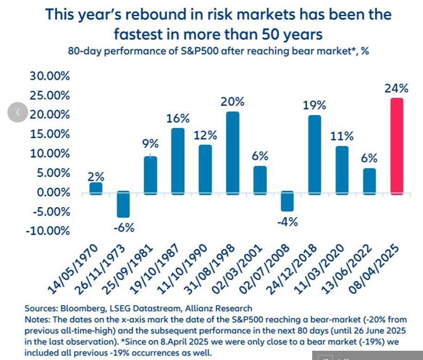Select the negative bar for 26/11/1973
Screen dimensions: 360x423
pyautogui.click(x=123, y=204)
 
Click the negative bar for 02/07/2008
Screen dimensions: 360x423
pyautogui.click(x=287, y=201)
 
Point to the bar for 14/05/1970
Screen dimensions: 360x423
pyautogui.click(x=96, y=188)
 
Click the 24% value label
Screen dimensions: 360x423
pyautogui.click(x=396, y=89)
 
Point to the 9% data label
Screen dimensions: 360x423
pyautogui.click(x=150, y=144)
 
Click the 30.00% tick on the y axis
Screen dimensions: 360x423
pyautogui.click(x=50, y=76)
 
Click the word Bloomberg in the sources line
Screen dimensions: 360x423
pyautogui.click(x=79, y=308)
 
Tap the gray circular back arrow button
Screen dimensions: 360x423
pyautogui.click(x=18, y=112)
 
